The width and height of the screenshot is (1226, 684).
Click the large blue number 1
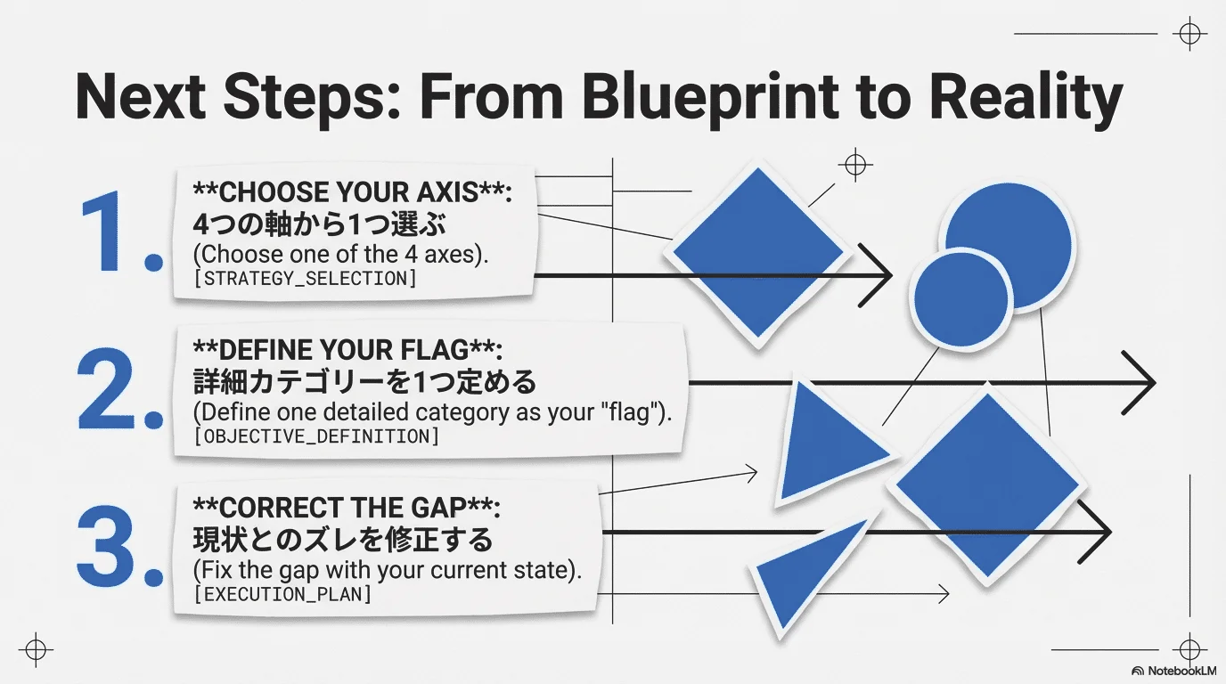(x=104, y=231)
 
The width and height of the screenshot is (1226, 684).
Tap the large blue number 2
(x=106, y=388)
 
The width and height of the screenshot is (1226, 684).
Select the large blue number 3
(x=106, y=546)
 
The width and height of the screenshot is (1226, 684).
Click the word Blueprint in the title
(x=710, y=99)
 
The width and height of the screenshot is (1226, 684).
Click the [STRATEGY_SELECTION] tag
(x=306, y=279)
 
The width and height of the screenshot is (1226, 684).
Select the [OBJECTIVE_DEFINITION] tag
(x=316, y=436)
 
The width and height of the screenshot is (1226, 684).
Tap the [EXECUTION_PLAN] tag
(x=283, y=594)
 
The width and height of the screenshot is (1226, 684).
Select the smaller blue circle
(x=961, y=298)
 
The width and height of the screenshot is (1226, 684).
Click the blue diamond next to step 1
(x=758, y=253)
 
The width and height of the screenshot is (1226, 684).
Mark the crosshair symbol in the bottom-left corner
(x=36, y=650)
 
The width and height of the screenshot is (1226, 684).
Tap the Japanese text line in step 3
(x=343, y=540)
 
